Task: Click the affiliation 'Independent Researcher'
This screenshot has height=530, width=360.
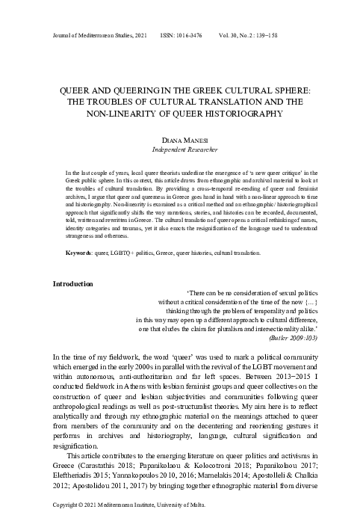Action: (180, 151)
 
